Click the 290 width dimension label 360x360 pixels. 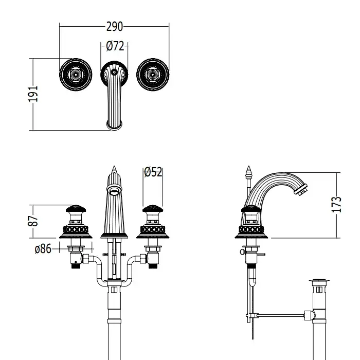pos(114,26)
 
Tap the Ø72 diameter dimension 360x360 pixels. pos(115,46)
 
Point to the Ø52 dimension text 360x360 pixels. pos(153,172)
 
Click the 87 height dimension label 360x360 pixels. pos(33,221)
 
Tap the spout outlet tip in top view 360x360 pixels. pos(114,123)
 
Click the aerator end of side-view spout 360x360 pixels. pos(301,192)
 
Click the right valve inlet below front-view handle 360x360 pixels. pos(152,260)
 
